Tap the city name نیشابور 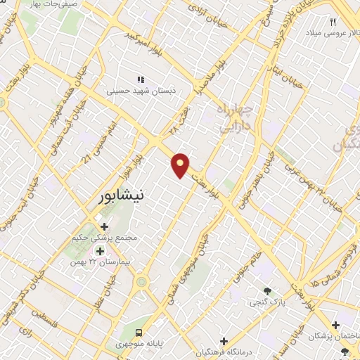point(122,198)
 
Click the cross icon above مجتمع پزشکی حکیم point(105,226)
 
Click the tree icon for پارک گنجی point(266,290)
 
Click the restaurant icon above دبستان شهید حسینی point(140,79)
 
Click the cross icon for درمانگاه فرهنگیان point(224,341)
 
